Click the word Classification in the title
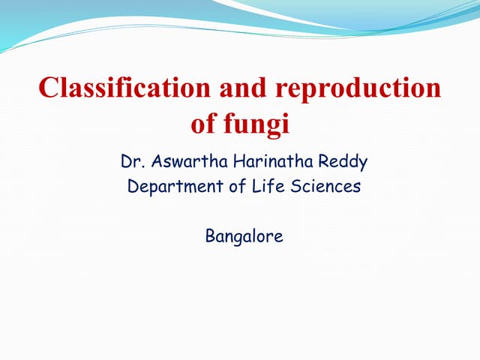point(124,88)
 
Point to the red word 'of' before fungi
point(204,124)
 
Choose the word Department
point(169,187)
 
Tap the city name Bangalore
point(244,237)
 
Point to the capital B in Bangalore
point(210,237)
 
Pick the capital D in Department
point(133,187)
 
